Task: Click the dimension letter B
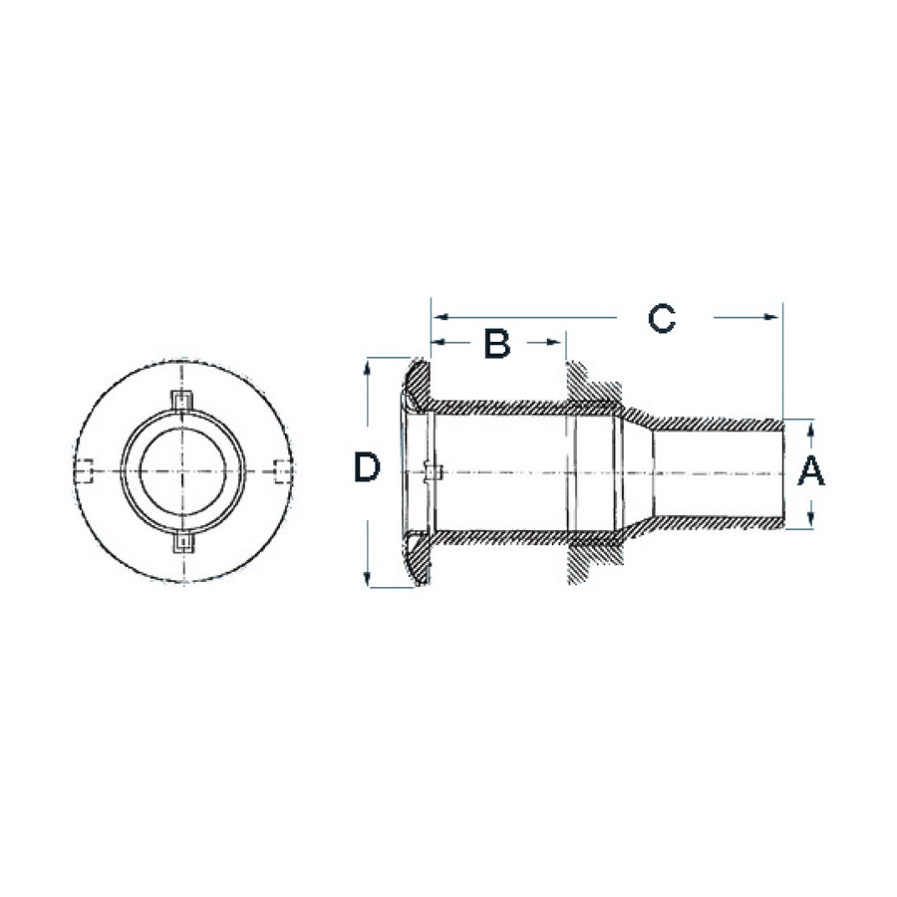[497, 343]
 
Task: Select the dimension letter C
[662, 318]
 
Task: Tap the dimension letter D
[367, 466]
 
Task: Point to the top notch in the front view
[182, 400]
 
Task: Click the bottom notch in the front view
[183, 543]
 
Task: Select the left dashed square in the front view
[84, 471]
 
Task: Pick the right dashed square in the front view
[284, 470]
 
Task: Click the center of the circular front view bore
[182, 470]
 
